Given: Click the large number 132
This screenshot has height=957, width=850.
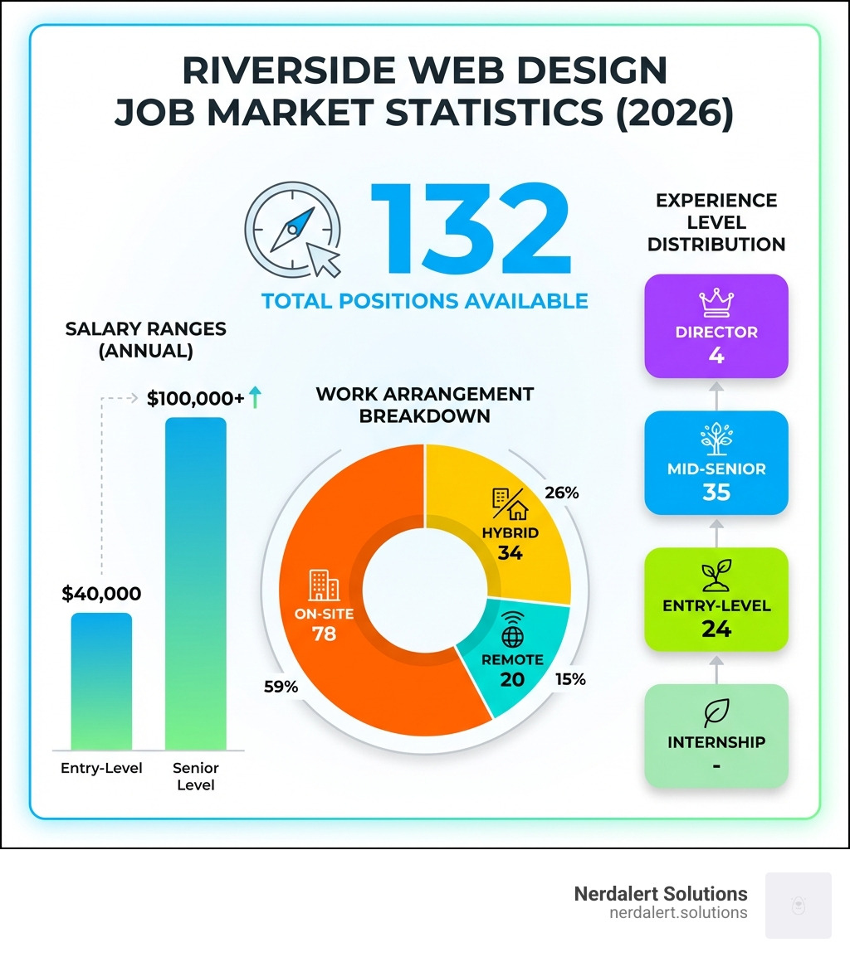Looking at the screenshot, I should (470, 230).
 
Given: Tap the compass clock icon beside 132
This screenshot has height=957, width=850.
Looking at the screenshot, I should (293, 230).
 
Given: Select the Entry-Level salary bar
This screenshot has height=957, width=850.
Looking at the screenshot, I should (101, 681).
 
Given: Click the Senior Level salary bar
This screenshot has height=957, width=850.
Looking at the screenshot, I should (195, 584).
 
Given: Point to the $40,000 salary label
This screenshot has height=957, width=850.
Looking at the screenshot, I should (101, 594).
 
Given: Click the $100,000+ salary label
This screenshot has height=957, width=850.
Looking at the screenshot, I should (195, 398).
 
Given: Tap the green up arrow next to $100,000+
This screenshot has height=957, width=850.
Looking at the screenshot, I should (255, 398).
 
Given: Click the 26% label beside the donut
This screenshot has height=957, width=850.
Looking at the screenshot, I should (561, 493).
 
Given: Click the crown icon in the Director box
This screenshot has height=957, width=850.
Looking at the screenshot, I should (716, 304).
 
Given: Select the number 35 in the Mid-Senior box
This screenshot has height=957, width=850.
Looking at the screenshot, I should (716, 493).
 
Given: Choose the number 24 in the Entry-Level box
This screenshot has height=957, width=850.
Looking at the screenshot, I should (716, 629).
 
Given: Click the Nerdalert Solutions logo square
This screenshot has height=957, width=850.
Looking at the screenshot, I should (798, 905).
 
